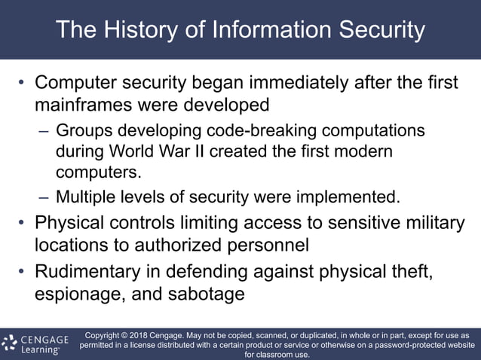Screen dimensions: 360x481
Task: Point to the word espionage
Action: click(75, 293)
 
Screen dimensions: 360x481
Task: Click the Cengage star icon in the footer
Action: click(10, 343)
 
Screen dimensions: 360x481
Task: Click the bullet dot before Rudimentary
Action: click(23, 272)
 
